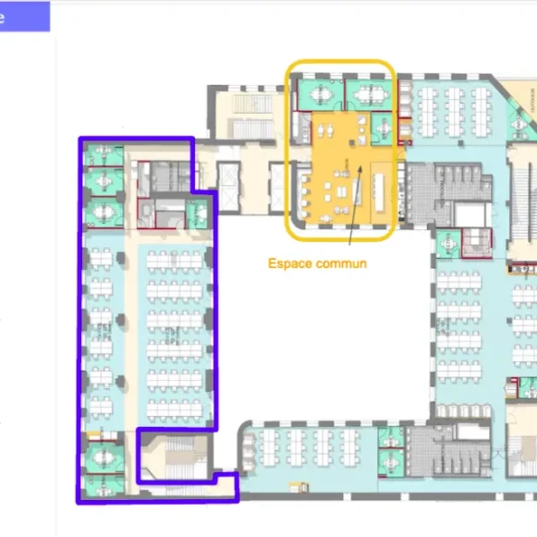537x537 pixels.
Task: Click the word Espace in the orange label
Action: [x=287, y=263]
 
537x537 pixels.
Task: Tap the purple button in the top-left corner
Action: [x=24, y=17]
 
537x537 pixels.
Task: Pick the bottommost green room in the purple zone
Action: [x=104, y=482]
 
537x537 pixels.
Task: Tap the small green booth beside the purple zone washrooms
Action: [x=197, y=214]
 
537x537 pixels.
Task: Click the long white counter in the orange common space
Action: [x=380, y=189]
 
